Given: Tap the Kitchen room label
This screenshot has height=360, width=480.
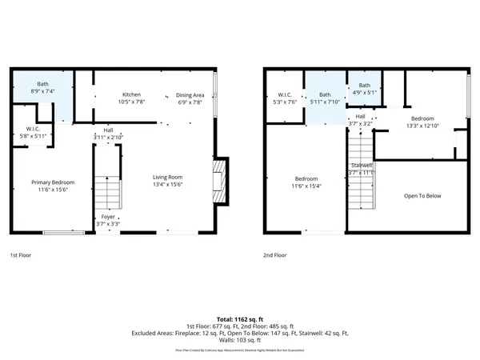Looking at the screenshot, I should click(x=131, y=94).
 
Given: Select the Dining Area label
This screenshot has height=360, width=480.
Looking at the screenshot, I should click(x=190, y=95).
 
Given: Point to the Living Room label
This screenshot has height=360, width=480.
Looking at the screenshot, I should click(x=168, y=177).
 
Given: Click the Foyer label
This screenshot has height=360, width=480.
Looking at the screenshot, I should click(x=108, y=217).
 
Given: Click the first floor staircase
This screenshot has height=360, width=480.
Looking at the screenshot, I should click(x=108, y=190).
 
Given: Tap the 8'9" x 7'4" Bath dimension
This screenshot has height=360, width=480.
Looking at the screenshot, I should click(x=42, y=92).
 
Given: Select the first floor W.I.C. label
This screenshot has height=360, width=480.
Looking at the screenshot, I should click(x=33, y=129).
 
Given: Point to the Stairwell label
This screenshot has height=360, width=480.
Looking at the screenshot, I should click(x=362, y=166).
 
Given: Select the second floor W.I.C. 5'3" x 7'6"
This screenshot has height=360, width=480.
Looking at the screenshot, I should click(x=285, y=98).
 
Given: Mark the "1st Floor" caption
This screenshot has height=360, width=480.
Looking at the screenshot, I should click(x=21, y=256).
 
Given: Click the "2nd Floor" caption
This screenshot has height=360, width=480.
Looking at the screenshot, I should click(x=274, y=256).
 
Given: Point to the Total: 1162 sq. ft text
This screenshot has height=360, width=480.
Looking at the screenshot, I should click(x=240, y=319).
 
